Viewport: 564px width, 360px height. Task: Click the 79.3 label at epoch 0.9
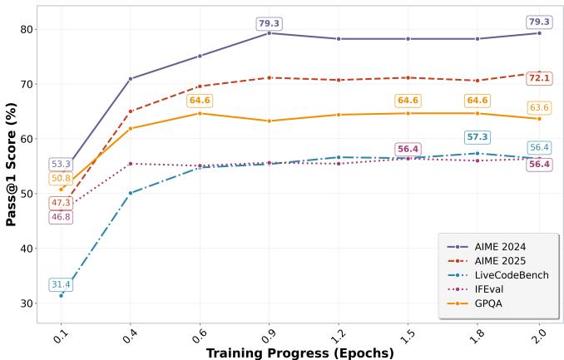[269, 23]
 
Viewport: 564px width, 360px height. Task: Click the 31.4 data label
[61, 285]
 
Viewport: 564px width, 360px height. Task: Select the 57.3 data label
[477, 137]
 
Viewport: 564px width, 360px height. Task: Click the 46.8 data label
[61, 217]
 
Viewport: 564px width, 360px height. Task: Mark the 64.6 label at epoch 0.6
[200, 101]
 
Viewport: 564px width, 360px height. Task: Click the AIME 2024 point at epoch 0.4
[130, 79]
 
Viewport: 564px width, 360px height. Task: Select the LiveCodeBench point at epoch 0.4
[130, 193]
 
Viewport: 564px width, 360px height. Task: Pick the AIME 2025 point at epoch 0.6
[200, 86]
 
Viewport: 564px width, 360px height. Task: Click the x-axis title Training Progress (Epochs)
[300, 353]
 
